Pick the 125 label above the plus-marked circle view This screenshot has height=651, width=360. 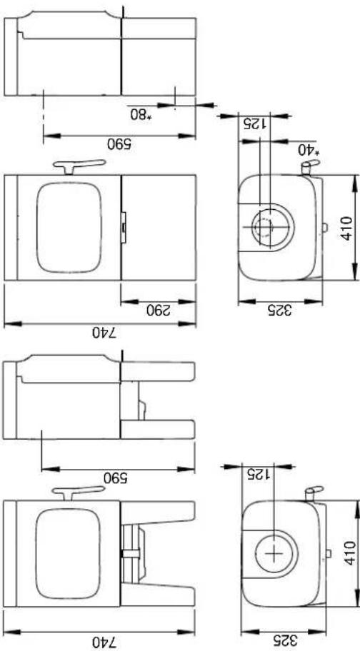pos(254,475)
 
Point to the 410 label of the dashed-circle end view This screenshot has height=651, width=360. pos(346,226)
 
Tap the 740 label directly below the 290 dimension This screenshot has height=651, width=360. pos(99,333)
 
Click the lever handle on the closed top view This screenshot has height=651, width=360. pos(79,166)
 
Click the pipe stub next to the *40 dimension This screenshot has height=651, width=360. pos(308,168)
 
